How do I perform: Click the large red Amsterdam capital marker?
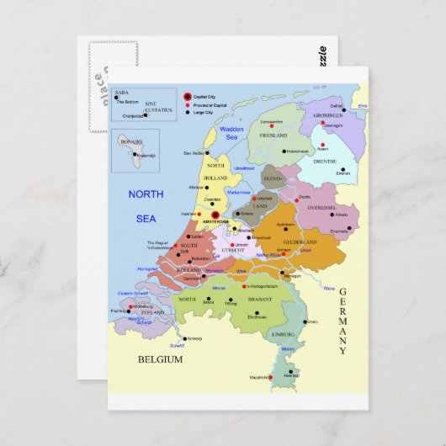(215, 215)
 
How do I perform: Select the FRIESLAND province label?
(274, 135)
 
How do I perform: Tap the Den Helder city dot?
(206, 152)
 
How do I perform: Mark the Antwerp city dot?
(187, 338)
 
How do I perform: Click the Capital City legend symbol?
(188, 97)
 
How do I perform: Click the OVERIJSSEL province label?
(321, 207)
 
